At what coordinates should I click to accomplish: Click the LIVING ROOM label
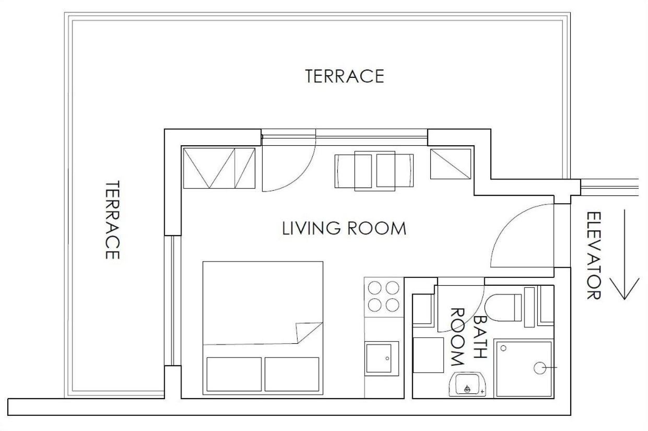[x=344, y=228]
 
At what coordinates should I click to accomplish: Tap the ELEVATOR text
[x=594, y=255]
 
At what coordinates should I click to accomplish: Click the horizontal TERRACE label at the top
[x=345, y=76]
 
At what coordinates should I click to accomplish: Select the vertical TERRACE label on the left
[x=112, y=220]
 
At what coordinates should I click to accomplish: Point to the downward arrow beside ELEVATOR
[x=625, y=255]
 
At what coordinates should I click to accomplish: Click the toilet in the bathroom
[x=503, y=308]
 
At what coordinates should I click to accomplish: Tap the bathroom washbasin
[x=467, y=384]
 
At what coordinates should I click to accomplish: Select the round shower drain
[x=540, y=368]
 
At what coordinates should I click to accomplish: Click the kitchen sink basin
[x=379, y=358]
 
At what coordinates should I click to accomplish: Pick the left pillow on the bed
[x=234, y=374]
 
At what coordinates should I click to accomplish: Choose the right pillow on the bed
[x=292, y=374]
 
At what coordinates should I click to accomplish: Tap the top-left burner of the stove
[x=374, y=288]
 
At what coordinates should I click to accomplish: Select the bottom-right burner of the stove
[x=393, y=305]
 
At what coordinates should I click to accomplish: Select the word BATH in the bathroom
[x=480, y=337]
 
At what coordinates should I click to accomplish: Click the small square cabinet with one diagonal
[x=451, y=164]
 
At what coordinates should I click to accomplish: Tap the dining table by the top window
[x=374, y=171]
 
